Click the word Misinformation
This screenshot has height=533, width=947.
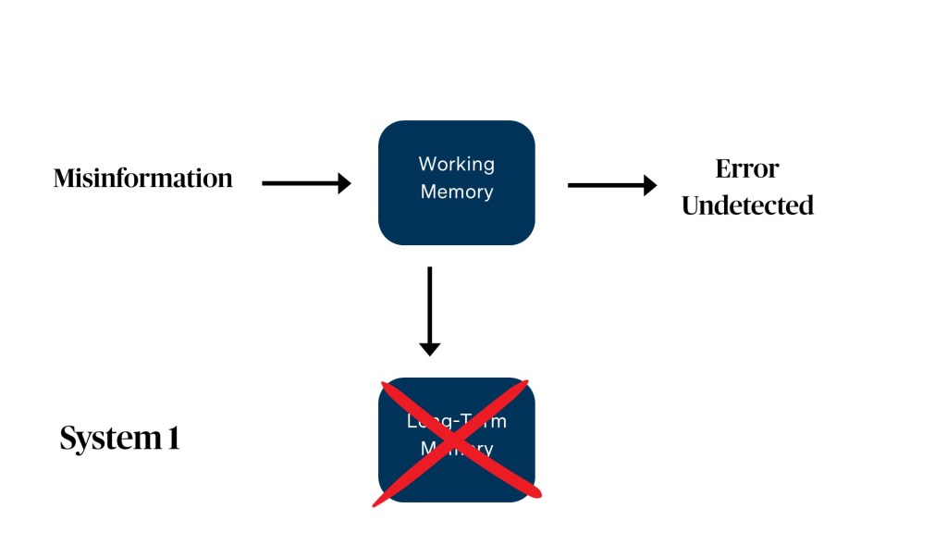143,178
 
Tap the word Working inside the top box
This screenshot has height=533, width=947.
457,164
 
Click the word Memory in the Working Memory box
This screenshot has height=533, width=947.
457,192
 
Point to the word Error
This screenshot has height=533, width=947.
747,169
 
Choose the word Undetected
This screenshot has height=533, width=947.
747,205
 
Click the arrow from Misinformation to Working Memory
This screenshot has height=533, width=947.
305,183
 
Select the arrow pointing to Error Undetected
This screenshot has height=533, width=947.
610,185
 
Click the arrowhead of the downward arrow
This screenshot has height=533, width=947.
429,349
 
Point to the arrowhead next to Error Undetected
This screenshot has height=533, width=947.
650,185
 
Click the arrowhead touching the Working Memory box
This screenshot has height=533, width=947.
345,183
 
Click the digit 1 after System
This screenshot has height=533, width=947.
173,438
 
